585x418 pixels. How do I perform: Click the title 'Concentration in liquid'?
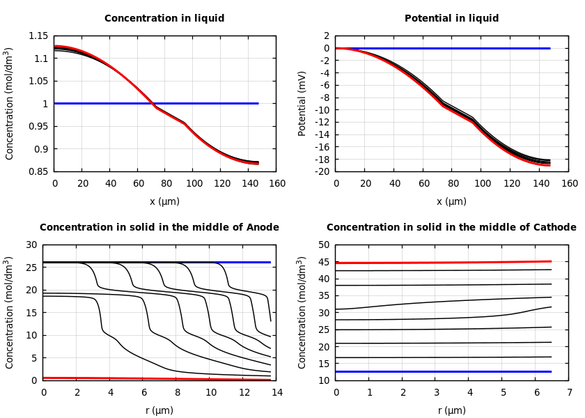164,19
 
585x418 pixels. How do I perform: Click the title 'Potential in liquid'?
451,19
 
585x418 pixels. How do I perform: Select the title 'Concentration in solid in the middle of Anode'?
159,228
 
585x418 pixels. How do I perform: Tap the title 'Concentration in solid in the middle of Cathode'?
451,228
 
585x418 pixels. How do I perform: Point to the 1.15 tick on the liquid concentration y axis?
38,36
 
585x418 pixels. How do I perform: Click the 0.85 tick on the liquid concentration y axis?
38,171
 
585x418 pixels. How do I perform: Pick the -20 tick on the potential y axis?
322,171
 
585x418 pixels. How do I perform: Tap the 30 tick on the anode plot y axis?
30,245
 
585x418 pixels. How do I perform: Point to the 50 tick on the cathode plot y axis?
322,245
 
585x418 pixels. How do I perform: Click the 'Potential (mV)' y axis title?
302,103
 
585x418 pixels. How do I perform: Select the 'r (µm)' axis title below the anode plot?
159,410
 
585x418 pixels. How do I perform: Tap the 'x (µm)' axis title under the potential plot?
451,201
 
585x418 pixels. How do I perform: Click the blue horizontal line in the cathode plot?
446,371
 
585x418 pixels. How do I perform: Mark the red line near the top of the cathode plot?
446,263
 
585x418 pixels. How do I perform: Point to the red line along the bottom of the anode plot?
139,378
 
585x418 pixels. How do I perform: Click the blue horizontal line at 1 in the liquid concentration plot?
209,103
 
